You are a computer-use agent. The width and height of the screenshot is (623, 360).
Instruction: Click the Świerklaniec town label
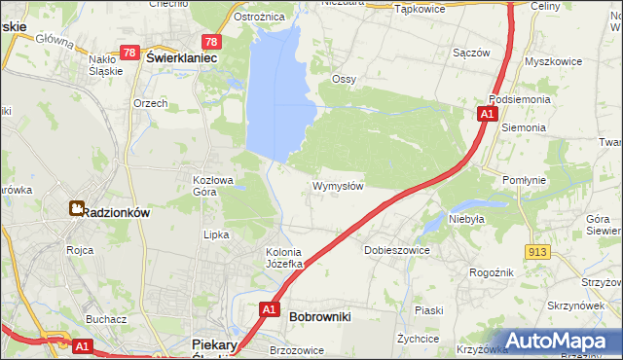point(181,58)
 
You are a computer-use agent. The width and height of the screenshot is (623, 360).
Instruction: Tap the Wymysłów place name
point(338,186)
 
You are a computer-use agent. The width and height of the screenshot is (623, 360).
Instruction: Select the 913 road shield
point(538,252)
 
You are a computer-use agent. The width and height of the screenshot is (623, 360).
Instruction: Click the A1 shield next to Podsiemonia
point(486,115)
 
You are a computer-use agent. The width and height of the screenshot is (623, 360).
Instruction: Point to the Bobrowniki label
point(320,317)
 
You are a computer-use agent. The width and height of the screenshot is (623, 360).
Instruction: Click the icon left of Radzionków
point(75,208)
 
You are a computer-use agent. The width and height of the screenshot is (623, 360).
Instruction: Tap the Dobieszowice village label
point(396,250)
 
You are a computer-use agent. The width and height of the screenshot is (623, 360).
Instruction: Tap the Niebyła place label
point(466,220)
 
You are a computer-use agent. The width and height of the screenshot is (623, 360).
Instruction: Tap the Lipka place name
point(215,234)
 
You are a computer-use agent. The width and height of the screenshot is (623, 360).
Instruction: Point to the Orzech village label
point(151,103)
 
